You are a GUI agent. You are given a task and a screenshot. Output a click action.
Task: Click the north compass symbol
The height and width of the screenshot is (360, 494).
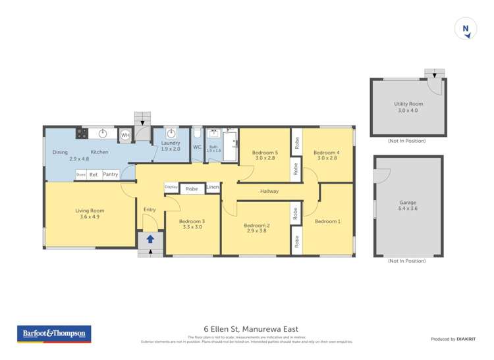pos(466,29)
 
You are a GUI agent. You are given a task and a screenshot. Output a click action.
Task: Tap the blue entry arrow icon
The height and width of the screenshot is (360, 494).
pos(150,240)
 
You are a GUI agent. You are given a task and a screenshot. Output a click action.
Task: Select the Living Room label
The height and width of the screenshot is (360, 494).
pos(90,211)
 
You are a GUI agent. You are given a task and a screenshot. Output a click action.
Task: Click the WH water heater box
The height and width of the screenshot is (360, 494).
pos(125,136)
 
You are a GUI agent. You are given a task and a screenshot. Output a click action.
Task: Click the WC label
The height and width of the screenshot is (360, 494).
pos(197,147)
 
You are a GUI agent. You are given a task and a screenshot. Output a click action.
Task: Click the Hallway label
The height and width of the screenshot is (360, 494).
pos(269,192)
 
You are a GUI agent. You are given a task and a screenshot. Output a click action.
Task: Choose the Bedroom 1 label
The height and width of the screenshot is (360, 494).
pos(327,221)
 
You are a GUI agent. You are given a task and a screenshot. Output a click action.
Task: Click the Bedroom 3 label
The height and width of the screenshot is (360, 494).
pos(192,221)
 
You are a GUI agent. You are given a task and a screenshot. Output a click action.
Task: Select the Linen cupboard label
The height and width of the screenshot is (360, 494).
pos(212,188)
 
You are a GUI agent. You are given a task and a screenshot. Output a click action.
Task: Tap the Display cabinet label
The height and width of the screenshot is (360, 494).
pos(171,188)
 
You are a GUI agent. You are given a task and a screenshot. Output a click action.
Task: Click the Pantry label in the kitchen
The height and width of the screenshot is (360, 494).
pos(110,174)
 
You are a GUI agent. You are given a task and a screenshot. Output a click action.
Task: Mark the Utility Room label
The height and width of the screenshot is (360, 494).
pos(408,104)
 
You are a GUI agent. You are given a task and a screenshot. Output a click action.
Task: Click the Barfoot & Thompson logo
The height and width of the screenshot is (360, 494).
pos(54,334)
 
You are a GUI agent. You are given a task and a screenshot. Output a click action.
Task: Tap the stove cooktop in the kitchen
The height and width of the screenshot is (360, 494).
pos(82,134)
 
